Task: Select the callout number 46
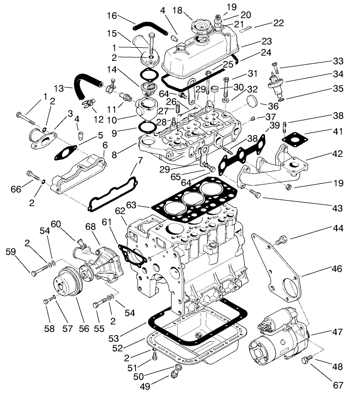click(x=336, y=269)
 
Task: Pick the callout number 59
click(x=11, y=251)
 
